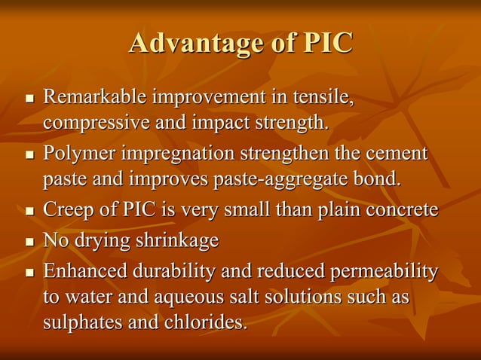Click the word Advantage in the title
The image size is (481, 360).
click(x=195, y=43)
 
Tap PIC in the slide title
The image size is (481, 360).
click(x=327, y=43)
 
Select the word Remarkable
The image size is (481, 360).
click(x=95, y=98)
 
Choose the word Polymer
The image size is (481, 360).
click(x=79, y=154)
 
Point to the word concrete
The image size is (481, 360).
click(x=401, y=210)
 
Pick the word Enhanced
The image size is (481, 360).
click(x=85, y=271)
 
